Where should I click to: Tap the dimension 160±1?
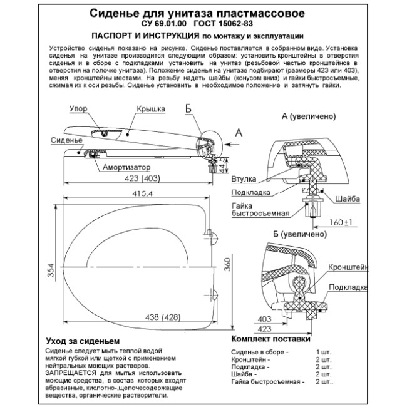[x=338, y=222]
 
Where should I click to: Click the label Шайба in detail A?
[x=348, y=199]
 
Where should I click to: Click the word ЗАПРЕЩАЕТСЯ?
[x=70, y=373]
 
